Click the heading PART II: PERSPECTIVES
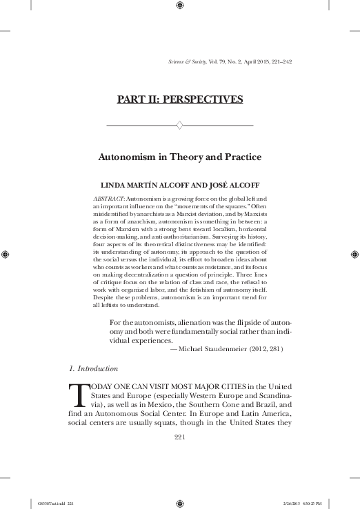click(x=179, y=99)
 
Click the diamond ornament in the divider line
click(x=179, y=126)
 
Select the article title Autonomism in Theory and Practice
click(x=179, y=157)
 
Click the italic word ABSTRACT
click(x=108, y=199)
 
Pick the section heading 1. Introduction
click(x=99, y=369)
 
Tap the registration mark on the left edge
click(x=6, y=254)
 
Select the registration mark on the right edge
click(x=354, y=254)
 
